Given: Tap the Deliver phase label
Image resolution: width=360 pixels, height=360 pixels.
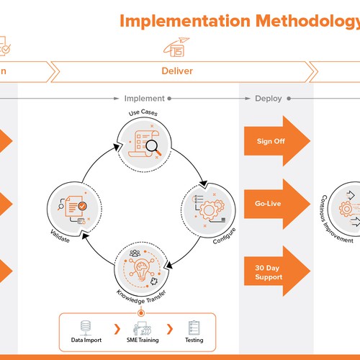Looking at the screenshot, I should pos(176,72).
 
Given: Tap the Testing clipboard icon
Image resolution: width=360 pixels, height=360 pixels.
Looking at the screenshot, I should pos(193,328).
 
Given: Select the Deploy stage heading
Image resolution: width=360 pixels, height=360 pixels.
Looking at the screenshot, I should pos(268,99).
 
